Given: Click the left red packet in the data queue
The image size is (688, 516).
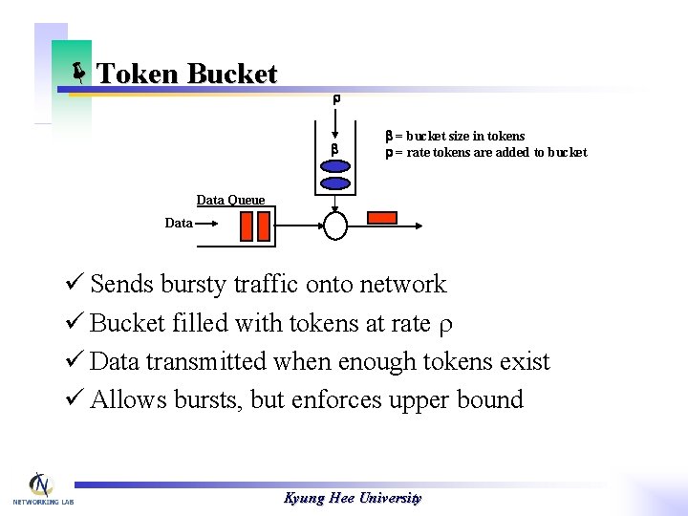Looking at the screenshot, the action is click(247, 226).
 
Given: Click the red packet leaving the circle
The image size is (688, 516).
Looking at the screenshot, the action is click(382, 217).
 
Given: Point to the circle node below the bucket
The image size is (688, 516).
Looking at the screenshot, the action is click(336, 225).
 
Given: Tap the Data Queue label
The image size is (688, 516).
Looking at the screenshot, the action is click(230, 200).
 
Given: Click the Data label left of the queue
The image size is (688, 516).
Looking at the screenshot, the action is click(178, 223).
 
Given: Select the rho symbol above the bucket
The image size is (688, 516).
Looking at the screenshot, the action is click(336, 99).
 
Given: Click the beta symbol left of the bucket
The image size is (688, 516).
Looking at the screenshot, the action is click(334, 151).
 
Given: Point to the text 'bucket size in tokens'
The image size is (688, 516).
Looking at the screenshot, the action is click(465, 137).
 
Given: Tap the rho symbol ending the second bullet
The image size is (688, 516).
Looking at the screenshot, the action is click(444, 325).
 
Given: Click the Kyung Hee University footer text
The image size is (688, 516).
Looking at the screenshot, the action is click(353, 498).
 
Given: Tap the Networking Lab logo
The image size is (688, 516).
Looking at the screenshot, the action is click(40, 488).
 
